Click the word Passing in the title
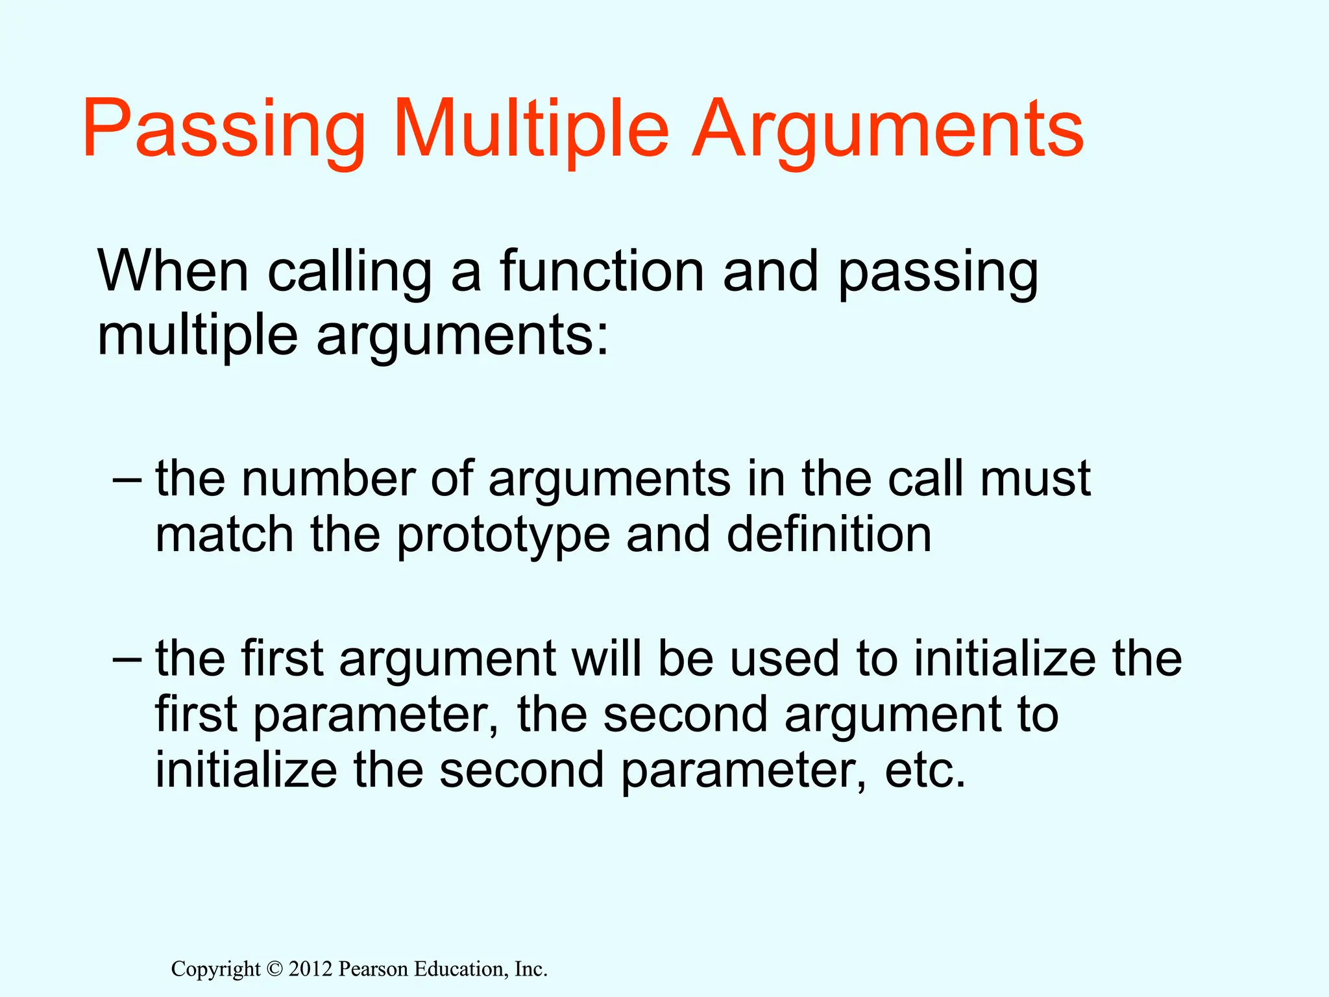[x=224, y=130]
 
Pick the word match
[x=225, y=535]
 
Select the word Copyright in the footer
[x=215, y=970]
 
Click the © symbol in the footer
[x=274, y=970]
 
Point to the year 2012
[x=310, y=969]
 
